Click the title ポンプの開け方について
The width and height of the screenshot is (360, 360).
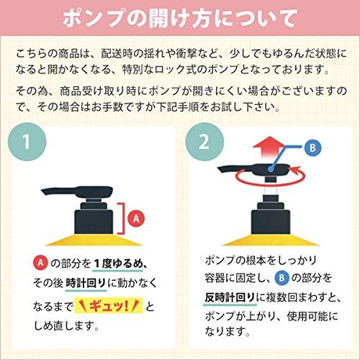click(x=180, y=18)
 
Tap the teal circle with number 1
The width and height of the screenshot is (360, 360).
click(x=27, y=142)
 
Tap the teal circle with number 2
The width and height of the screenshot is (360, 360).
click(x=204, y=142)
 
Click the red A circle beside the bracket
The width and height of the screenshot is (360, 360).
click(x=136, y=219)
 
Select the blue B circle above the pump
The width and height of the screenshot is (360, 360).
click(x=312, y=148)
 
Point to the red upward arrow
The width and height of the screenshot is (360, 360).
click(x=270, y=149)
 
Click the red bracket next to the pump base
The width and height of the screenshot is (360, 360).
click(x=122, y=218)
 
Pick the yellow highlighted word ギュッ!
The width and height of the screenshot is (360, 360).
click(x=109, y=305)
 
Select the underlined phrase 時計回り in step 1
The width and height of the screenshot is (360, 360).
click(x=86, y=283)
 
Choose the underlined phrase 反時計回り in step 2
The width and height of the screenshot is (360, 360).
click(x=230, y=297)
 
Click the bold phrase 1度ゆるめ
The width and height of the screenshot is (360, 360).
click(x=117, y=264)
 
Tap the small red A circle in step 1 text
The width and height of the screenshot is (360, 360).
click(x=41, y=264)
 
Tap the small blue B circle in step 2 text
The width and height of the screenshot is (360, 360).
click(x=282, y=278)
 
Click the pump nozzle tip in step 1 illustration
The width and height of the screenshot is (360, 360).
click(x=44, y=192)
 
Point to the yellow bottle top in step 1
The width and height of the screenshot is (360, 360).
click(x=94, y=240)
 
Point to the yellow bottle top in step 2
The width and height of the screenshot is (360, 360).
click(x=271, y=240)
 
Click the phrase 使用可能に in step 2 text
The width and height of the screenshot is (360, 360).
click(x=312, y=316)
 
